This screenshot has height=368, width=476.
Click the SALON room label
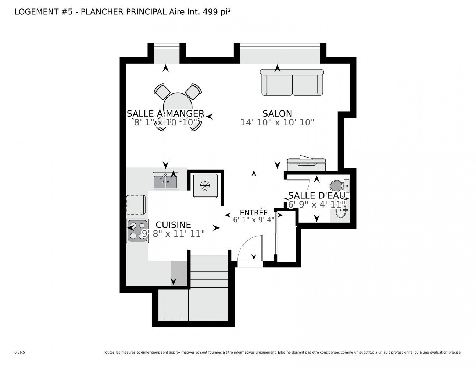277,113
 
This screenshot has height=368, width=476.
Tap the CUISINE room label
173,225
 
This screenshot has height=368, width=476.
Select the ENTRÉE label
254,212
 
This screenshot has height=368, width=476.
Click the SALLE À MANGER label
166,113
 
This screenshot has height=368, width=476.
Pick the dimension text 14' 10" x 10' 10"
277,123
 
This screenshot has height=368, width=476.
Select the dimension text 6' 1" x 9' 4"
254,220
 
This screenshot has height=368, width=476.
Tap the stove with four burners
137,231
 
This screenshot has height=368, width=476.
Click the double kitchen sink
165,180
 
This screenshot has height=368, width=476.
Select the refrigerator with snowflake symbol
205,186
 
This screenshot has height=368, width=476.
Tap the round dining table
178,107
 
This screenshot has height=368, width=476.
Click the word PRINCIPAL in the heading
146,12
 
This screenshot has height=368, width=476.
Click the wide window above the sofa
280,53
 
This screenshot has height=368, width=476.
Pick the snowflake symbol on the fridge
205,186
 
